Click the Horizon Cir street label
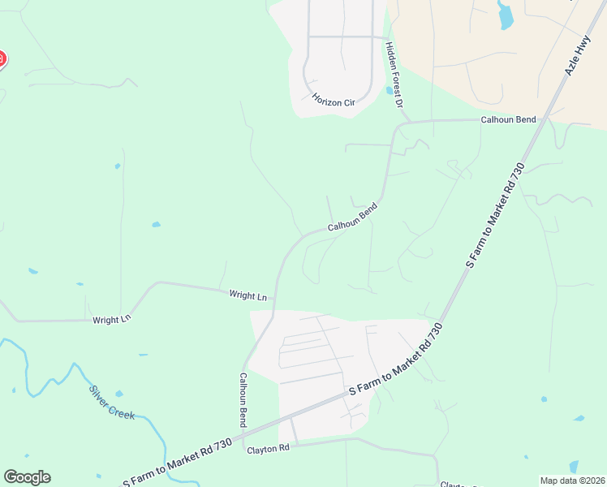(334, 101)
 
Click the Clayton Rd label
(268, 449)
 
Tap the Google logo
(27, 477)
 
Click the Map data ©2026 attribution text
(573, 481)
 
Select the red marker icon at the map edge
(2, 59)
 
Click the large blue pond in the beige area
(506, 15)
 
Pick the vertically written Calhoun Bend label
(242, 399)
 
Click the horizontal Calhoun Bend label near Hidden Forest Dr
(509, 120)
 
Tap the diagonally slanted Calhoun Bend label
(353, 218)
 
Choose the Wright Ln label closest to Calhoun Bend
(248, 296)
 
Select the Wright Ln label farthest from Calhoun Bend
(111, 320)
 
